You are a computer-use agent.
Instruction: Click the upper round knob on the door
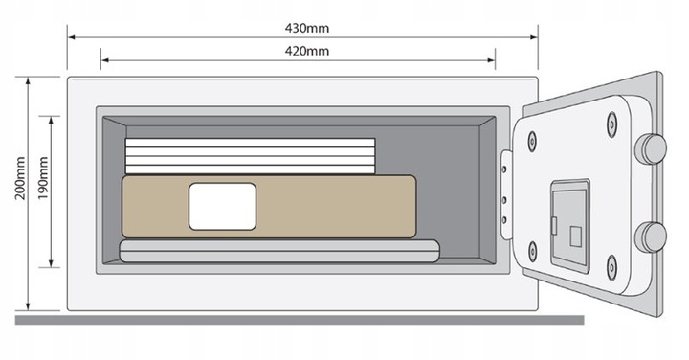[x=654, y=147]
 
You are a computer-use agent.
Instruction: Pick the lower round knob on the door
[x=654, y=235]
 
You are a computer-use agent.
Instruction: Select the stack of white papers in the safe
[x=250, y=156]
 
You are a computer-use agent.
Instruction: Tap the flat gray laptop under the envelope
[x=278, y=250]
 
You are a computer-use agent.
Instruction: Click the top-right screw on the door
[x=611, y=120]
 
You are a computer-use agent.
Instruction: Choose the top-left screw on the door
[x=532, y=139]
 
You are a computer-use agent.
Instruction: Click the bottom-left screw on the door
[x=532, y=254]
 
